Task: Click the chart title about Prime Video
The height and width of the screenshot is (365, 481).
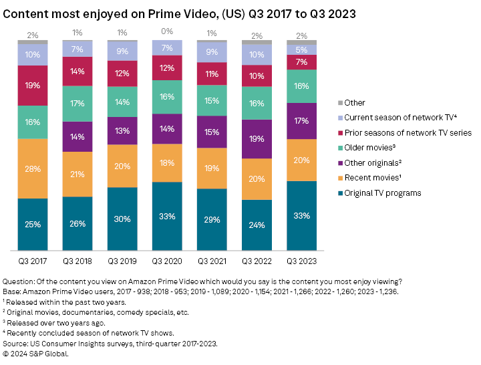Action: coord(180,14)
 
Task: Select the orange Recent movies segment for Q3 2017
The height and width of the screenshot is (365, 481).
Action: coord(32,168)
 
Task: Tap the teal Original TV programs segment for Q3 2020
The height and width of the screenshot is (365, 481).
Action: coord(166,216)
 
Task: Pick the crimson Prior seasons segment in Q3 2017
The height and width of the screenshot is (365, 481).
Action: coord(32,86)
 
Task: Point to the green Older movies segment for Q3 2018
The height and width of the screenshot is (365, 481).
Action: coord(77,103)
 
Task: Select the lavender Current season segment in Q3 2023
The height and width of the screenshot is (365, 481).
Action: coord(302,49)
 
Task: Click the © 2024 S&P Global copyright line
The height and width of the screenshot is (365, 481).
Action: coord(37,354)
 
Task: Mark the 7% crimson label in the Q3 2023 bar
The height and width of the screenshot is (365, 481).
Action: coord(302,62)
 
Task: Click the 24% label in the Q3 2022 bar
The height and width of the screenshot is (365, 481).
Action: coord(257,225)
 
